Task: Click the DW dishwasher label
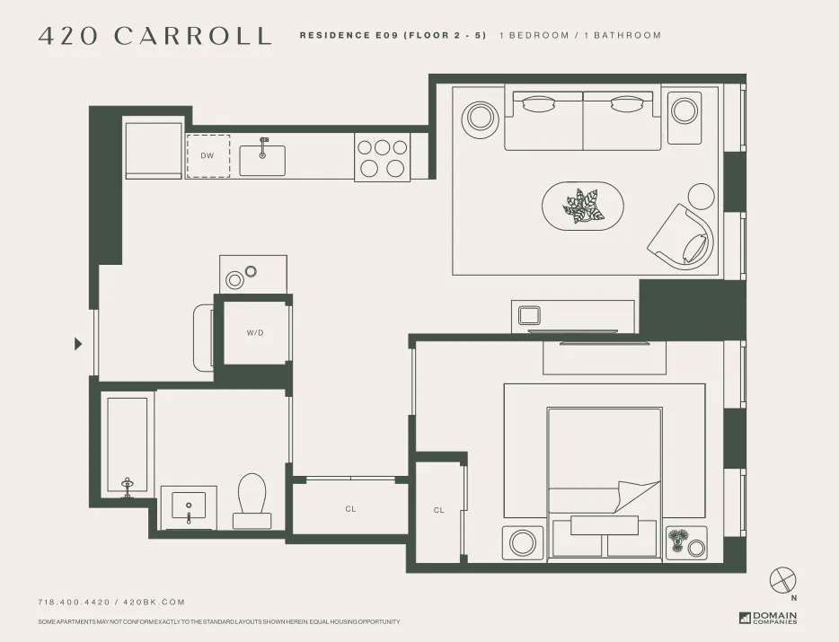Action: (208, 155)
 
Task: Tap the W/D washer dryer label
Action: (255, 333)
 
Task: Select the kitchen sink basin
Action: (262, 161)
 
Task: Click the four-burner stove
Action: (382, 157)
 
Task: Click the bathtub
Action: (126, 444)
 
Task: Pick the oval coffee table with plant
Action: (583, 207)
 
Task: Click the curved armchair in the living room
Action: (684, 235)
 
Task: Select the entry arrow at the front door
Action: (78, 343)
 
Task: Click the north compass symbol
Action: (783, 579)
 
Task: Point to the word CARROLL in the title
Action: (192, 36)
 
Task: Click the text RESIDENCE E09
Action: (349, 36)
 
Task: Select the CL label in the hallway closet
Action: (350, 509)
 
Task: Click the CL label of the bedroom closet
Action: (438, 510)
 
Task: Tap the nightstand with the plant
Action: (686, 541)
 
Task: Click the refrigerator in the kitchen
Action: (154, 150)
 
